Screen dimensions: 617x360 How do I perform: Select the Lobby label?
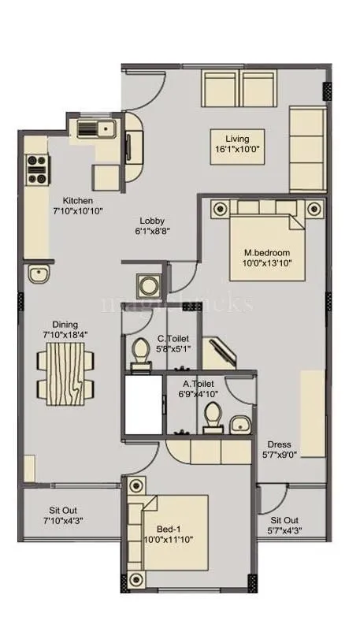point(152,221)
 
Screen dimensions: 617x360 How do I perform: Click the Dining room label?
point(65,324)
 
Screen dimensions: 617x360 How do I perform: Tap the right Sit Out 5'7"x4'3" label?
point(284,520)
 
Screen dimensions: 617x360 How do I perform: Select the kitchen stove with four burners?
point(36,166)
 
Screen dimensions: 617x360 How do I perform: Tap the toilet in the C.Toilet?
point(141,352)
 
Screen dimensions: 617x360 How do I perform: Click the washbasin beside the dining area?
point(38,274)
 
